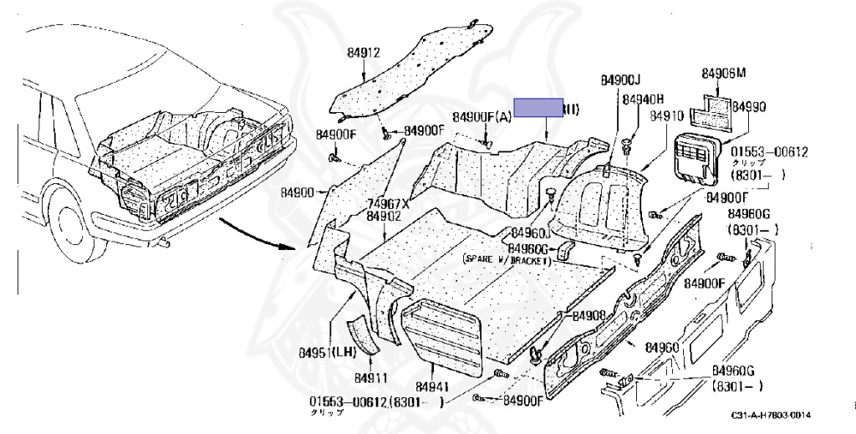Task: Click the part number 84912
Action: point(364,53)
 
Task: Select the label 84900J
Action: point(619,80)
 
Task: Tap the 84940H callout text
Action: point(643,100)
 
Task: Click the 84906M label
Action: point(723,74)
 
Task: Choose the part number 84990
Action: point(748,107)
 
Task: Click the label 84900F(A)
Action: point(481,116)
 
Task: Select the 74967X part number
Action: point(387,203)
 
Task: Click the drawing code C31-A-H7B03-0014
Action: point(770,416)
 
